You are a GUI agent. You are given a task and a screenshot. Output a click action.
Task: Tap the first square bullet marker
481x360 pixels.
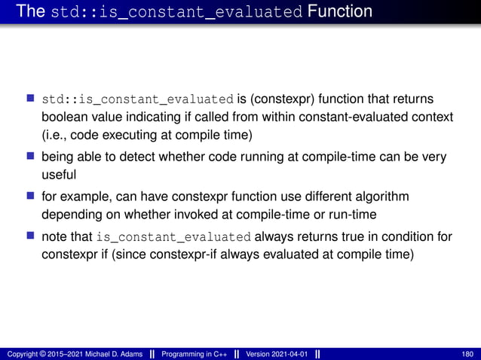(30, 99)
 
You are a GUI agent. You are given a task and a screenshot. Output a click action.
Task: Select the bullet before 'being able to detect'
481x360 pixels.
(30, 157)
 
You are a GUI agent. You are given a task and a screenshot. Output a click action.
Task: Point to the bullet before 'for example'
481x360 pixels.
(30, 197)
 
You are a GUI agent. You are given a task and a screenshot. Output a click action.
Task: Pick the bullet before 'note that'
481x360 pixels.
(30, 236)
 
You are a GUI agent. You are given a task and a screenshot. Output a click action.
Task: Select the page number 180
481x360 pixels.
(467, 354)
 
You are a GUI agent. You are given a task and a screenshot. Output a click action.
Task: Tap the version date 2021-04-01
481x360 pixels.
(287, 354)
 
